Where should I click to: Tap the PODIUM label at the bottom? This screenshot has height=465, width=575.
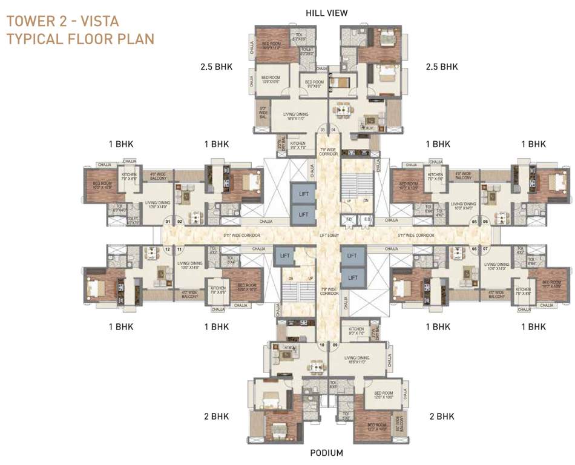pos(326,453)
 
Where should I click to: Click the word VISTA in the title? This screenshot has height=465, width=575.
pos(100,22)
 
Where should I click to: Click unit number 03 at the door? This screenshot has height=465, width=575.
pos(323,130)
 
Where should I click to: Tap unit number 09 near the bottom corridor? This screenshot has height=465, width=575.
pos(335,346)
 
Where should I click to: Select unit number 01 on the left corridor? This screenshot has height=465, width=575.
pos(168,222)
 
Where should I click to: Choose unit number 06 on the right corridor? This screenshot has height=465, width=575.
pos(485,222)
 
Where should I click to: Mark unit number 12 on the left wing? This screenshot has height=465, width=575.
pos(168,249)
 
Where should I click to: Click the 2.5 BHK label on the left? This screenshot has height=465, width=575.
pos(217,67)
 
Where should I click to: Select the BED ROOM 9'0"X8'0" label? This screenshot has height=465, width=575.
pos(314,84)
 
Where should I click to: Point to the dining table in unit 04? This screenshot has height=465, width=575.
pos(344,111)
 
